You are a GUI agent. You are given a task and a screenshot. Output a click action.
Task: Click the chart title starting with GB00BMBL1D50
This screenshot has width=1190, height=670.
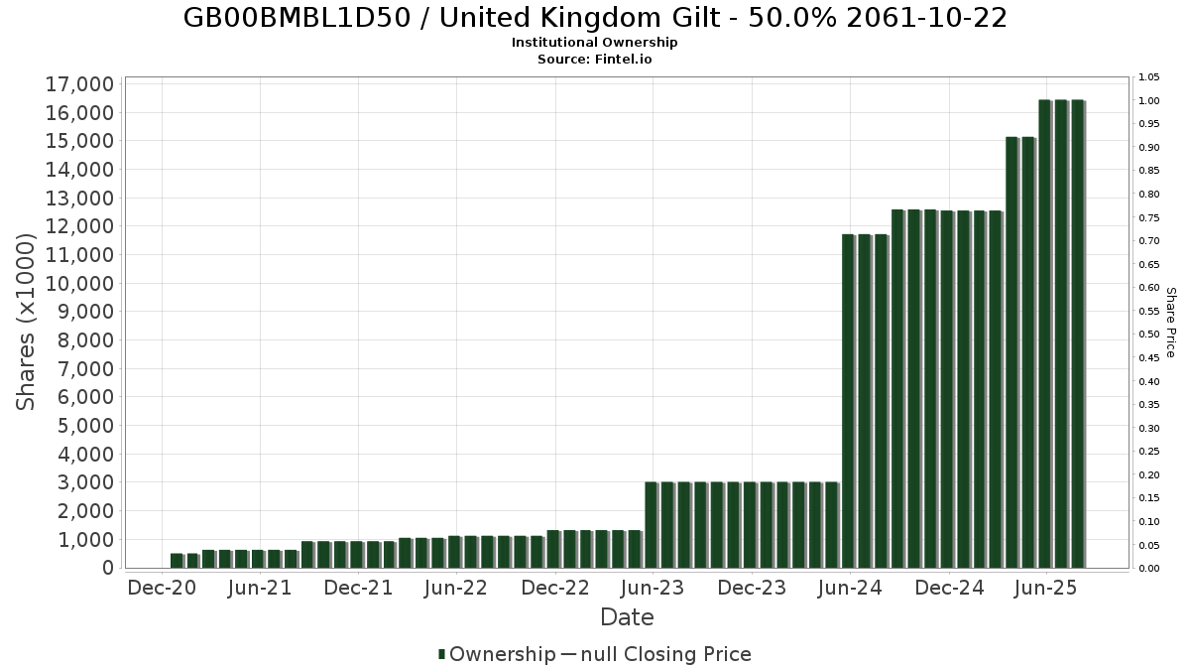click(595, 18)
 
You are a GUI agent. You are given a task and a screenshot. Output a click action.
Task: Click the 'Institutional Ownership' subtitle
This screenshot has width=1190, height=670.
click(595, 43)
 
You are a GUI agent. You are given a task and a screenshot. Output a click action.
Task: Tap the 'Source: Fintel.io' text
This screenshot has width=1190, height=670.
click(595, 59)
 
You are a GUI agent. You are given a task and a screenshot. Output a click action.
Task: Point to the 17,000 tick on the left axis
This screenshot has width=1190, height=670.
click(80, 84)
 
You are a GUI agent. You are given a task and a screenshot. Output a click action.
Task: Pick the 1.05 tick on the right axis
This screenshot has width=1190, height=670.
click(1149, 77)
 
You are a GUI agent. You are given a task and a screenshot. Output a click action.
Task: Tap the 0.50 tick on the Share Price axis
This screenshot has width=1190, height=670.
click(1149, 335)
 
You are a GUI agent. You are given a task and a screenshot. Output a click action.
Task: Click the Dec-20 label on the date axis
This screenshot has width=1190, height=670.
click(162, 588)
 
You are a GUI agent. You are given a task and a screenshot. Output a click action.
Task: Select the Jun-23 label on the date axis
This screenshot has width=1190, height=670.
click(653, 588)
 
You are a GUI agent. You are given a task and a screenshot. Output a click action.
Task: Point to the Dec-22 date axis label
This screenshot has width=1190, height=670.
click(555, 588)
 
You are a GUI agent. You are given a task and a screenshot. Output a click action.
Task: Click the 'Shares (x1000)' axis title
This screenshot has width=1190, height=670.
click(27, 322)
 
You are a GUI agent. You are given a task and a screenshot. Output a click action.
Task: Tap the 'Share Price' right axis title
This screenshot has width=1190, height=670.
click(1170, 322)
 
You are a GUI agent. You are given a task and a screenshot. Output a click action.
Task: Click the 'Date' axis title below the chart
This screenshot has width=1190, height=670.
click(627, 617)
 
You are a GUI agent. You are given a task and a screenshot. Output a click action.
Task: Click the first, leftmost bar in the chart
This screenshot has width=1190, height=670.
click(177, 561)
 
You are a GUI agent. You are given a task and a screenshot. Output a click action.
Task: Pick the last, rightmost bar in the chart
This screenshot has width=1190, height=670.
click(1077, 334)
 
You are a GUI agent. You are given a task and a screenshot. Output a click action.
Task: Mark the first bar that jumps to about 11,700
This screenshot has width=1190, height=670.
click(848, 401)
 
